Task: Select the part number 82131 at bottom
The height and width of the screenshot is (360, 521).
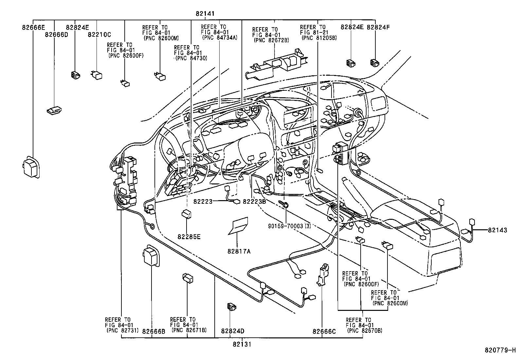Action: point(242,344)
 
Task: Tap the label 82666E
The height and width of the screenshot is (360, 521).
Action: point(33,28)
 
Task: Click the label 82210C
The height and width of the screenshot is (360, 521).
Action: point(99,34)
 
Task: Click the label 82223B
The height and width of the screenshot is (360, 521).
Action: point(254,202)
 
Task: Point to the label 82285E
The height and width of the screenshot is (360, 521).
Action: point(189,236)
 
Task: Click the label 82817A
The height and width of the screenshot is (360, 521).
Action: point(239,251)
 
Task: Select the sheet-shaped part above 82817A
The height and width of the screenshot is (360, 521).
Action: point(239,226)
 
